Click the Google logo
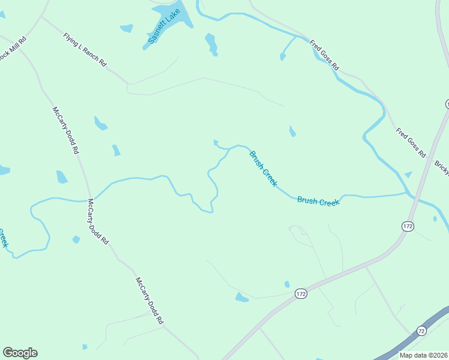click(x=20, y=353)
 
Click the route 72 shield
click(x=421, y=331)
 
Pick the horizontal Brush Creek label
click(x=318, y=202)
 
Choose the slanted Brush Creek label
click(x=264, y=169)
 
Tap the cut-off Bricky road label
click(x=442, y=167)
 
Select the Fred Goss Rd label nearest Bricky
click(x=411, y=142)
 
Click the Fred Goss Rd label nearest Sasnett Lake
click(x=324, y=55)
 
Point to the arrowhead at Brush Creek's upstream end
click(x=216, y=143)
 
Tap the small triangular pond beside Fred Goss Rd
click(x=408, y=175)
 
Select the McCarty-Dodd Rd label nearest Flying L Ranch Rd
click(x=65, y=130)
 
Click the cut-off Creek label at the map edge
click(x=3, y=238)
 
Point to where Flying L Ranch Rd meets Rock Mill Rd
click(x=41, y=16)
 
